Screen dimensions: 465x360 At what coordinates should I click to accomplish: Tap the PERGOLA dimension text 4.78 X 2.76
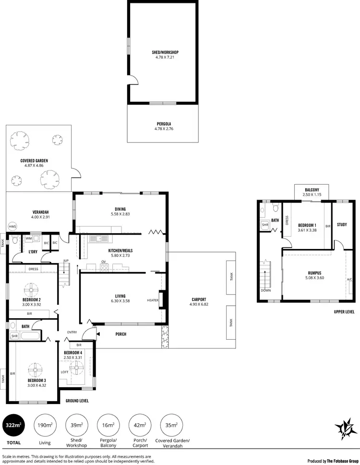pyautogui.click(x=163, y=129)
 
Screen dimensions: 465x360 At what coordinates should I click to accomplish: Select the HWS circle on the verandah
pyautogui.click(x=12, y=227)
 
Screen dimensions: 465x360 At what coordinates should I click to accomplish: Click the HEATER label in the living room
pyautogui.click(x=153, y=300)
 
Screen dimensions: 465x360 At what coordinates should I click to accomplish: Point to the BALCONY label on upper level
pyautogui.click(x=312, y=189)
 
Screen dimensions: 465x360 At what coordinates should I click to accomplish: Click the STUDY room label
pyautogui.click(x=342, y=224)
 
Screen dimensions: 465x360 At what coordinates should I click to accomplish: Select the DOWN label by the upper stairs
pyautogui.click(x=266, y=290)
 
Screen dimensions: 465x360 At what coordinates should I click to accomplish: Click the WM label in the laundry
pyautogui.click(x=29, y=238)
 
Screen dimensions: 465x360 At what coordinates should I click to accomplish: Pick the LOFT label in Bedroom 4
pyautogui.click(x=65, y=371)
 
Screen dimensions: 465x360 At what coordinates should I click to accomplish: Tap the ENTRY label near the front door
pyautogui.click(x=72, y=332)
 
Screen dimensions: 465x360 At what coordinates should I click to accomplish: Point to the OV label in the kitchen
pyautogui.click(x=103, y=262)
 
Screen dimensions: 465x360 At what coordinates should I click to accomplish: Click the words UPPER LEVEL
pyautogui.click(x=344, y=311)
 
